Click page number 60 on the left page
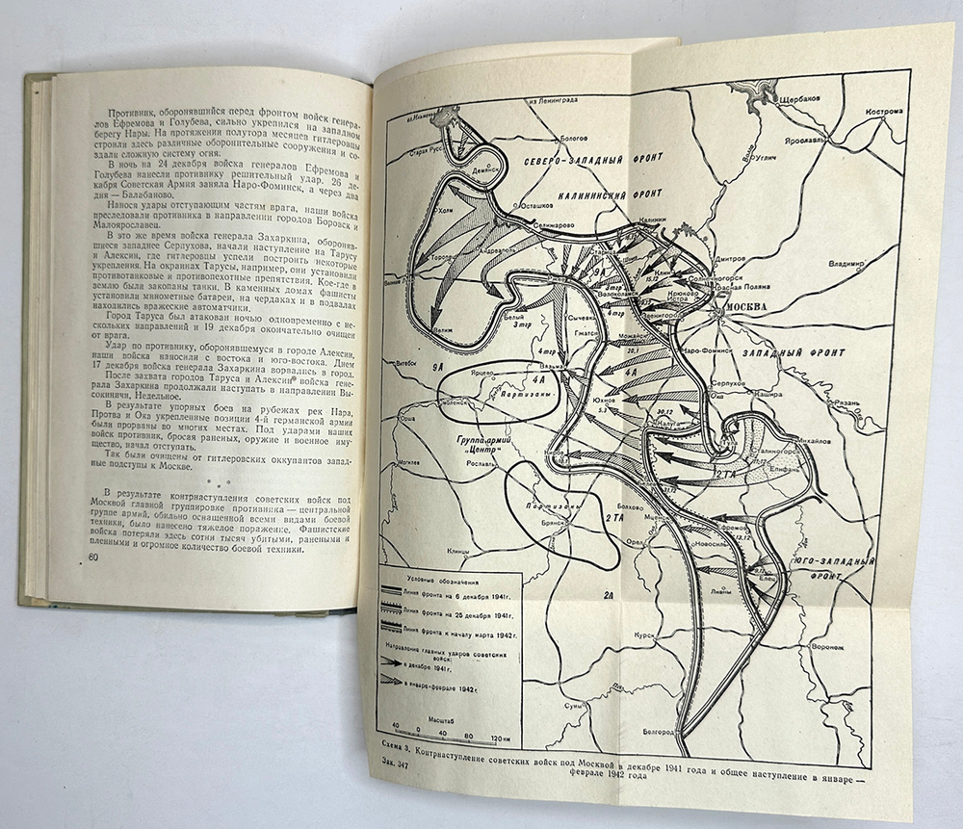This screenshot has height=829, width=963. [x=93, y=559]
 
